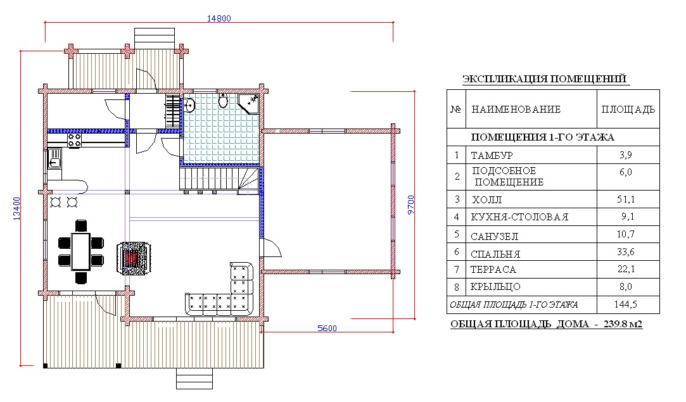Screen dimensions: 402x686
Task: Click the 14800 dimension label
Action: coord(219,18)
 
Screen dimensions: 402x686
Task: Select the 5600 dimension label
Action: coord(327,328)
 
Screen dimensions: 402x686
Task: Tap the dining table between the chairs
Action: coord(80,251)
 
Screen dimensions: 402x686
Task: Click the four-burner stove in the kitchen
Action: coord(73,139)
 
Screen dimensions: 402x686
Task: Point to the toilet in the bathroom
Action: coord(223,101)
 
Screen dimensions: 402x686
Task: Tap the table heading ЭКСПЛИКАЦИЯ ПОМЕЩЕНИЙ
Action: coord(544,79)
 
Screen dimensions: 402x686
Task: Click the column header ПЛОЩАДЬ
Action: coord(628,110)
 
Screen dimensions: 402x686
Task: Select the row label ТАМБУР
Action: coord(492,155)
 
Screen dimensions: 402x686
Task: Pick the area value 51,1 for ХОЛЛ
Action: coord(628,199)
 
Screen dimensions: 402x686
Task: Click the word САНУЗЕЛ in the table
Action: coord(495,236)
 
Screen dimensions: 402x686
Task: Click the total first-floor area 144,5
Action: coord(626,305)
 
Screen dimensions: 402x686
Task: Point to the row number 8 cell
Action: coord(456,287)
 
